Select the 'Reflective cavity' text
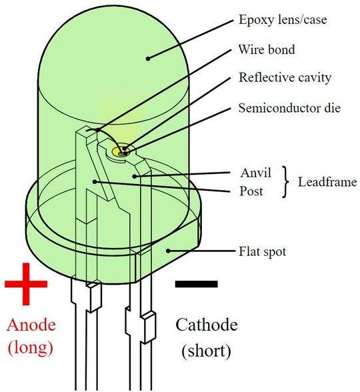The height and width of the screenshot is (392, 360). click(285, 77)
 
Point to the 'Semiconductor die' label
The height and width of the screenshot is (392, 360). click(289, 107)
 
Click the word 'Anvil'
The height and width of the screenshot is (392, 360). click(255, 173)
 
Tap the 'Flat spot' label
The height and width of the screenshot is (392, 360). click(263, 252)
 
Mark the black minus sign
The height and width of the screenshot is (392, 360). click(196, 283)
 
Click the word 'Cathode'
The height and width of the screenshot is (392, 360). click(206, 325)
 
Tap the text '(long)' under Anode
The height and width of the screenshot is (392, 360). click(30, 347)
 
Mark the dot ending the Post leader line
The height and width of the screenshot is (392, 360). click(95, 181)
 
